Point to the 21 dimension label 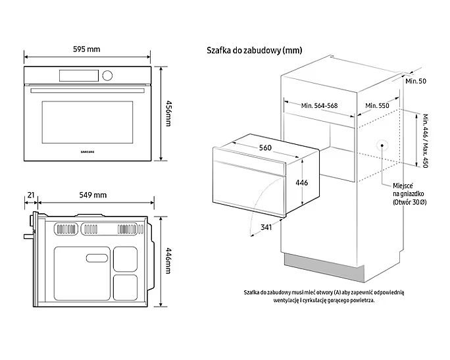[30, 195]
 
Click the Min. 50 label [416, 80]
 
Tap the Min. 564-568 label [320, 105]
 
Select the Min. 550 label [377, 105]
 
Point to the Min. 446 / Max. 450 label [425, 140]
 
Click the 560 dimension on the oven [265, 147]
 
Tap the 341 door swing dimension [266, 228]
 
